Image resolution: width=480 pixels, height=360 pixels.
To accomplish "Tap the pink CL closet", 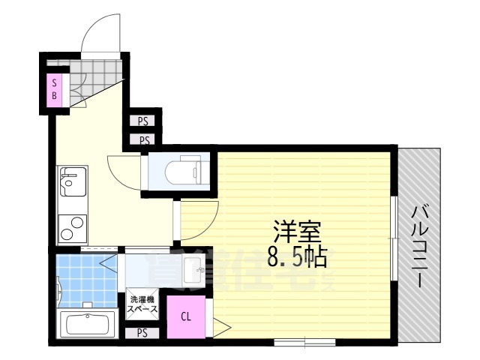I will (184, 316).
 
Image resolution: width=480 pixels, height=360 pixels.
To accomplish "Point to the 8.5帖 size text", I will (295, 258).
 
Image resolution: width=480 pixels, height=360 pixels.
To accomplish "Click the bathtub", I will (85, 326).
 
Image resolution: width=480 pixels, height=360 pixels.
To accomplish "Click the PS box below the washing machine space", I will (142, 332).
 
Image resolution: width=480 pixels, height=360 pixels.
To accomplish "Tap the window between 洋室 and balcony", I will (394, 238).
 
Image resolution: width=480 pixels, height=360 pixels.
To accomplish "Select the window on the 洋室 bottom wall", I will (304, 343).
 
